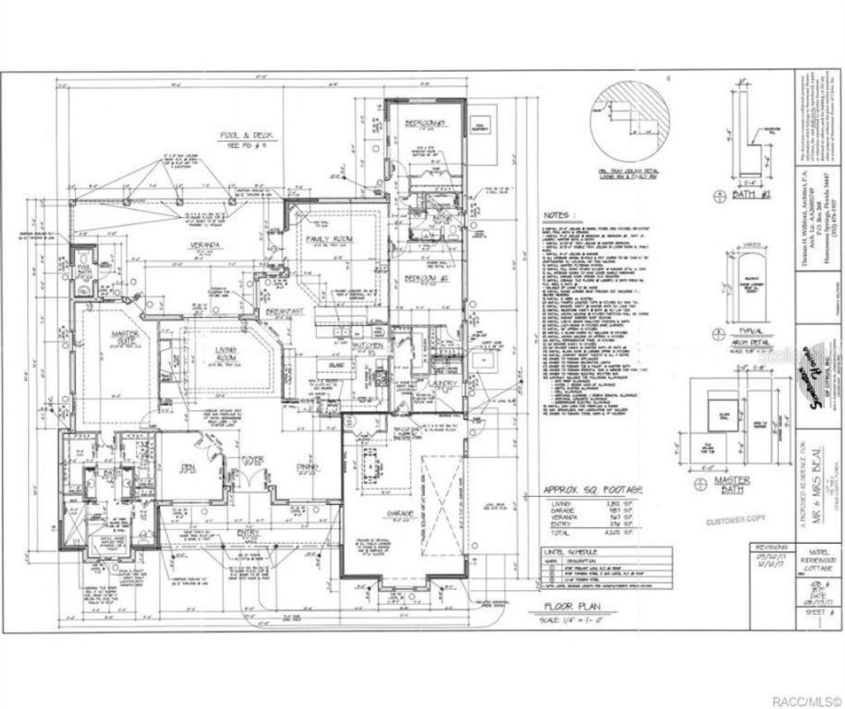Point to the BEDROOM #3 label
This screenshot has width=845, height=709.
point(426,123)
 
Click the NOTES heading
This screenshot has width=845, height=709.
point(555,215)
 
